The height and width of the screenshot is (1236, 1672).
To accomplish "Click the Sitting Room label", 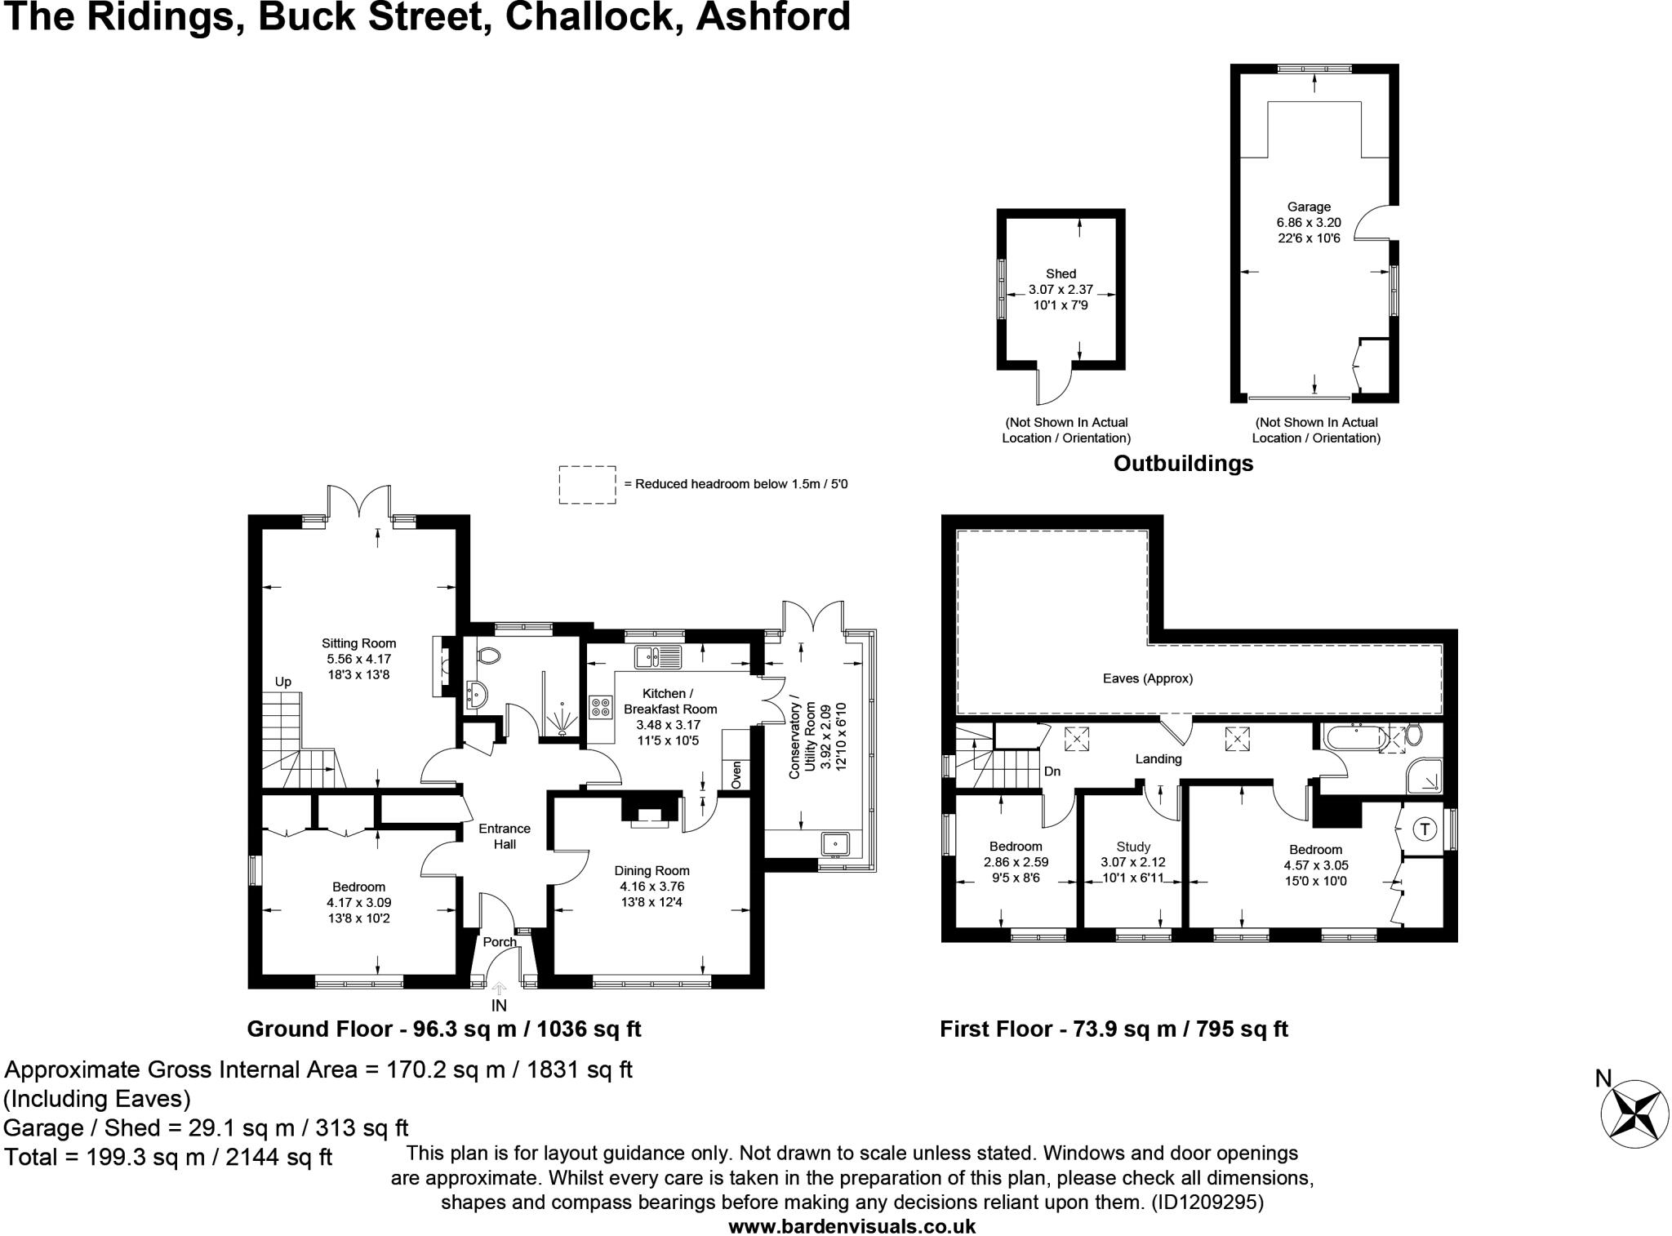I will click(358, 643).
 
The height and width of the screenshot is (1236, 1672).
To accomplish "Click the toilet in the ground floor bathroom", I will click(489, 655).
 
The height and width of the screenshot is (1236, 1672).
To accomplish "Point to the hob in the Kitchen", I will click(601, 706).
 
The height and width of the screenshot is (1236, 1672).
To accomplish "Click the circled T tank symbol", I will click(1425, 829).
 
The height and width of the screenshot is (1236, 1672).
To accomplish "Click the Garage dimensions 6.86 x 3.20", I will click(1309, 222).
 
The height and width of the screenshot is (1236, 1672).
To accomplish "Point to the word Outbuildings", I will click(1183, 464).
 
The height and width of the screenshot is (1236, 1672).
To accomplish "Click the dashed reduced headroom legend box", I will click(587, 484).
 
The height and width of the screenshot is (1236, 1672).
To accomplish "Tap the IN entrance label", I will click(499, 1006).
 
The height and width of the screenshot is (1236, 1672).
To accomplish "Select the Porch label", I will click(500, 942).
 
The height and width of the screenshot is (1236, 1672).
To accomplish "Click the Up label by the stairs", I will click(282, 682).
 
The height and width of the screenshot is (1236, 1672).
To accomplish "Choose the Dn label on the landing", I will click(1052, 771).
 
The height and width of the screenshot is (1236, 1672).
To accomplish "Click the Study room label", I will click(1133, 847).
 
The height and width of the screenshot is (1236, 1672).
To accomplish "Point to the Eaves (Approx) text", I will click(1147, 678).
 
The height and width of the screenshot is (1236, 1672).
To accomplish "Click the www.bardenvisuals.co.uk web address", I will click(852, 1225).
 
